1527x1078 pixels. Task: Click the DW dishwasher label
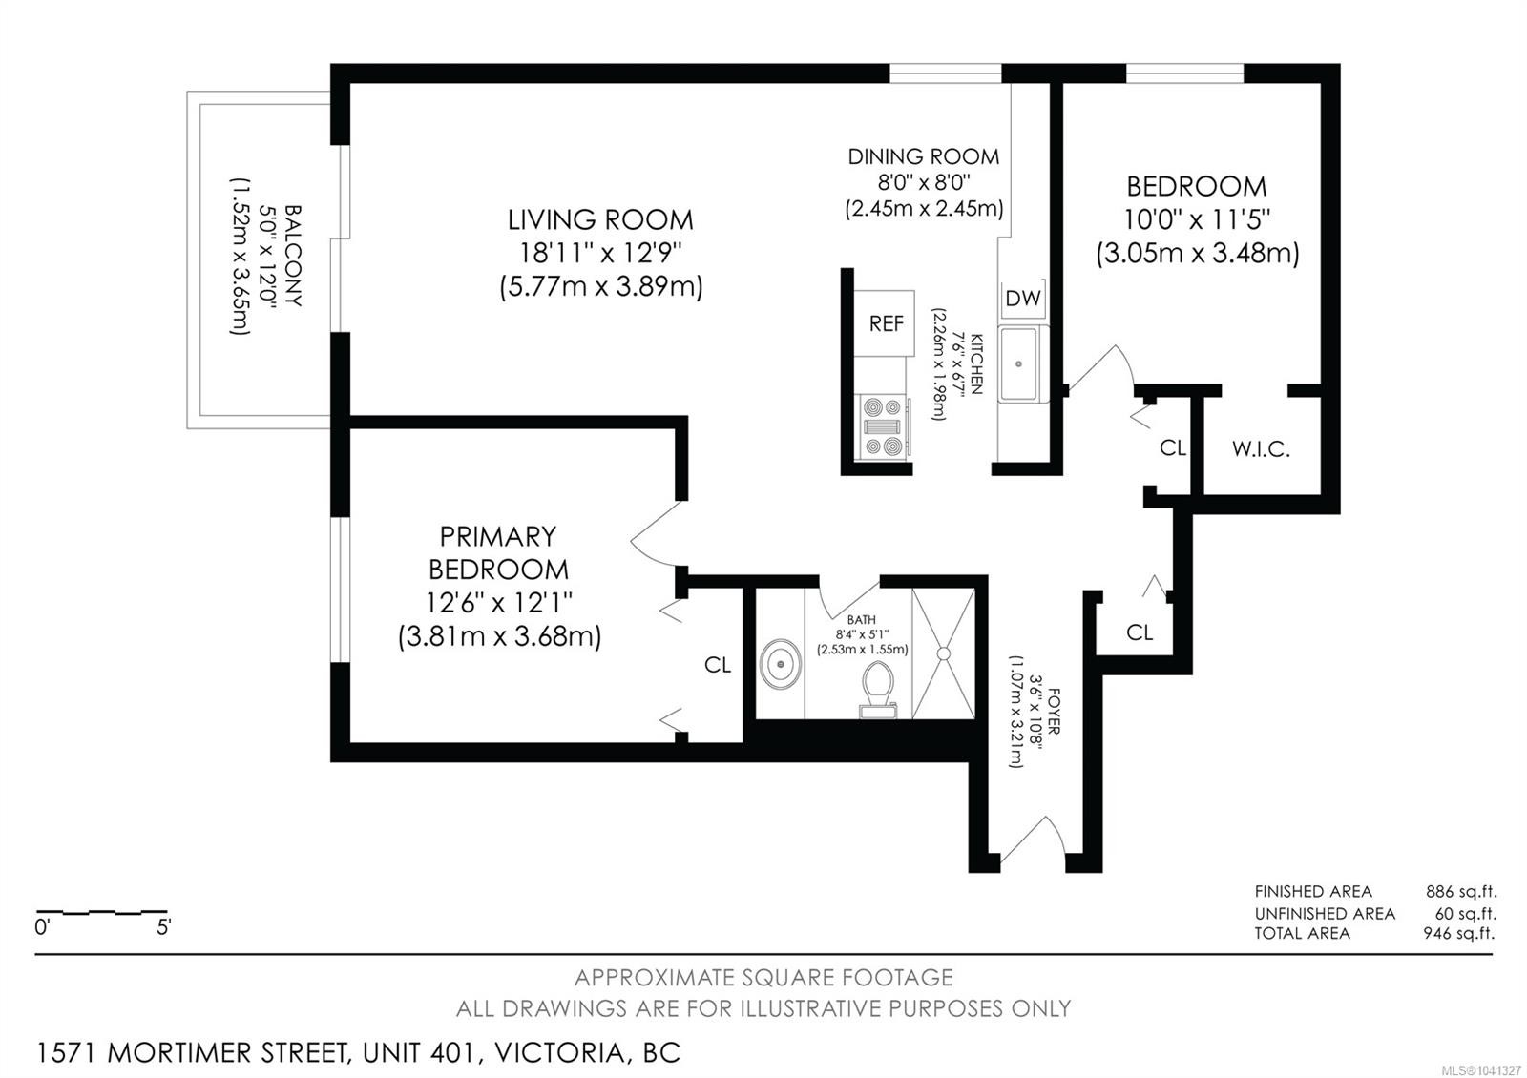[1022, 298]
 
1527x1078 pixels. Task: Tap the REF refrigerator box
[884, 323]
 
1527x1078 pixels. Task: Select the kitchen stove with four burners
[884, 426]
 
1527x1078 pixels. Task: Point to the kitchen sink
[1019, 363]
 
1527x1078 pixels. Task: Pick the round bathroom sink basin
[780, 664]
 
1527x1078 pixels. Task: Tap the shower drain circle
[944, 654]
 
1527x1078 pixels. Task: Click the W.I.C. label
[1261, 449]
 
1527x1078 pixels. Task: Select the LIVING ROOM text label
[600, 220]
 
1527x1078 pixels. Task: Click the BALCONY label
[292, 256]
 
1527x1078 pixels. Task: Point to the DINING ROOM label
[923, 156]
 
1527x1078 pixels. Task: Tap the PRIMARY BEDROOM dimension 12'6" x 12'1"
[498, 602]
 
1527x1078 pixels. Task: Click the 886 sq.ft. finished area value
[1461, 891]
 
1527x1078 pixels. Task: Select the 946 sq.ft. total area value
[1459, 933]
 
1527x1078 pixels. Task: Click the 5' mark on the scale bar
[163, 927]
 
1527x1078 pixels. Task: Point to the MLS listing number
[1480, 1071]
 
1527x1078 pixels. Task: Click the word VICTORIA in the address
[559, 1053]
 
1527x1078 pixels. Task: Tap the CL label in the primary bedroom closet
[717, 664]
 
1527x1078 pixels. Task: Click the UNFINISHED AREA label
[1325, 913]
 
